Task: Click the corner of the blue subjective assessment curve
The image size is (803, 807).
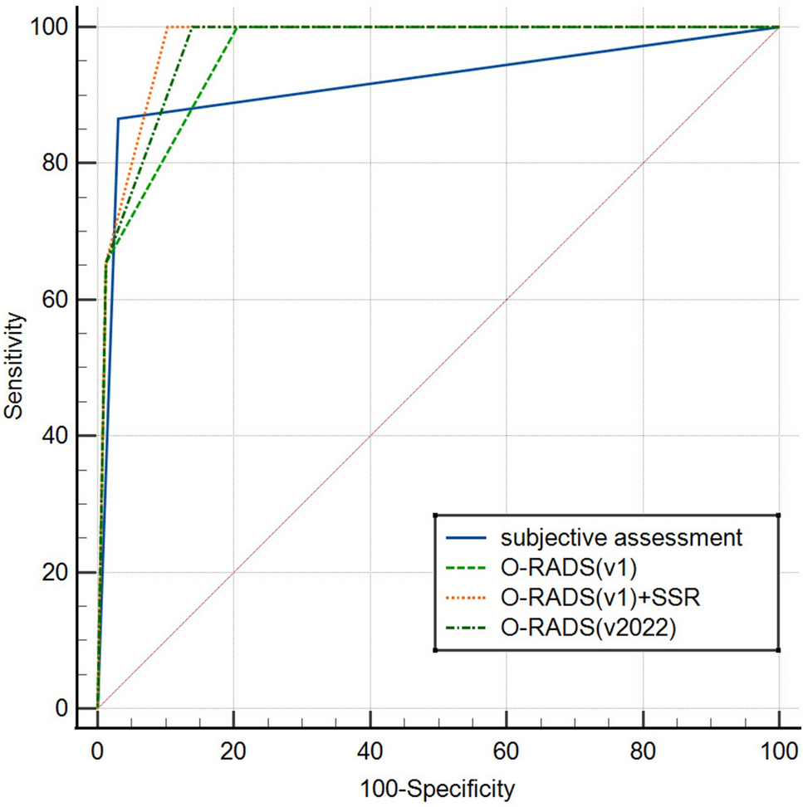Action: tap(118, 119)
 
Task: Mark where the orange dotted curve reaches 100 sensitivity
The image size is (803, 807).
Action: tap(167, 27)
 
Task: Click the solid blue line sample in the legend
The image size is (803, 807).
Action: tap(468, 537)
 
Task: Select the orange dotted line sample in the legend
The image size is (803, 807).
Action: tap(468, 598)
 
